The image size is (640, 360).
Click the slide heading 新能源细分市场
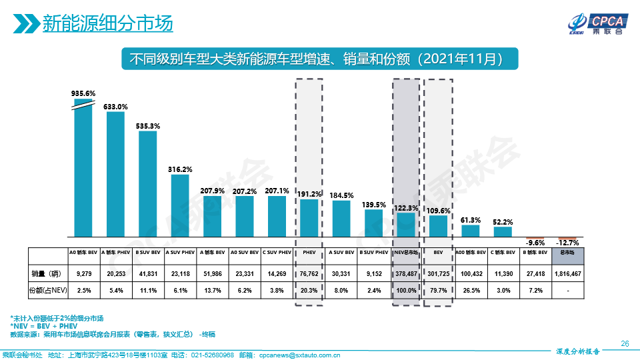[x=107, y=24]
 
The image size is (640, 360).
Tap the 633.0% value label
[x=115, y=107]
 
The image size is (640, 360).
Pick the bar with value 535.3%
[x=147, y=184]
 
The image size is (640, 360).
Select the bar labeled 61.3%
[x=471, y=231]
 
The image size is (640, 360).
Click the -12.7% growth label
[x=569, y=243]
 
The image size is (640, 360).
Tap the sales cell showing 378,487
[x=406, y=273]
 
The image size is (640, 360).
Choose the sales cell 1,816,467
[x=568, y=273]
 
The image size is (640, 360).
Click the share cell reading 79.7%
[x=438, y=291]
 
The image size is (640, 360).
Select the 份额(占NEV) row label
[x=47, y=291]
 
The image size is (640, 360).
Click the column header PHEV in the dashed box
[x=309, y=253]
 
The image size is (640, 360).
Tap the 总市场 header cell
[x=568, y=253]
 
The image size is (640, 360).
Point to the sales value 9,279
[x=83, y=273]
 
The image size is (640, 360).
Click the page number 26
[x=624, y=343]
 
